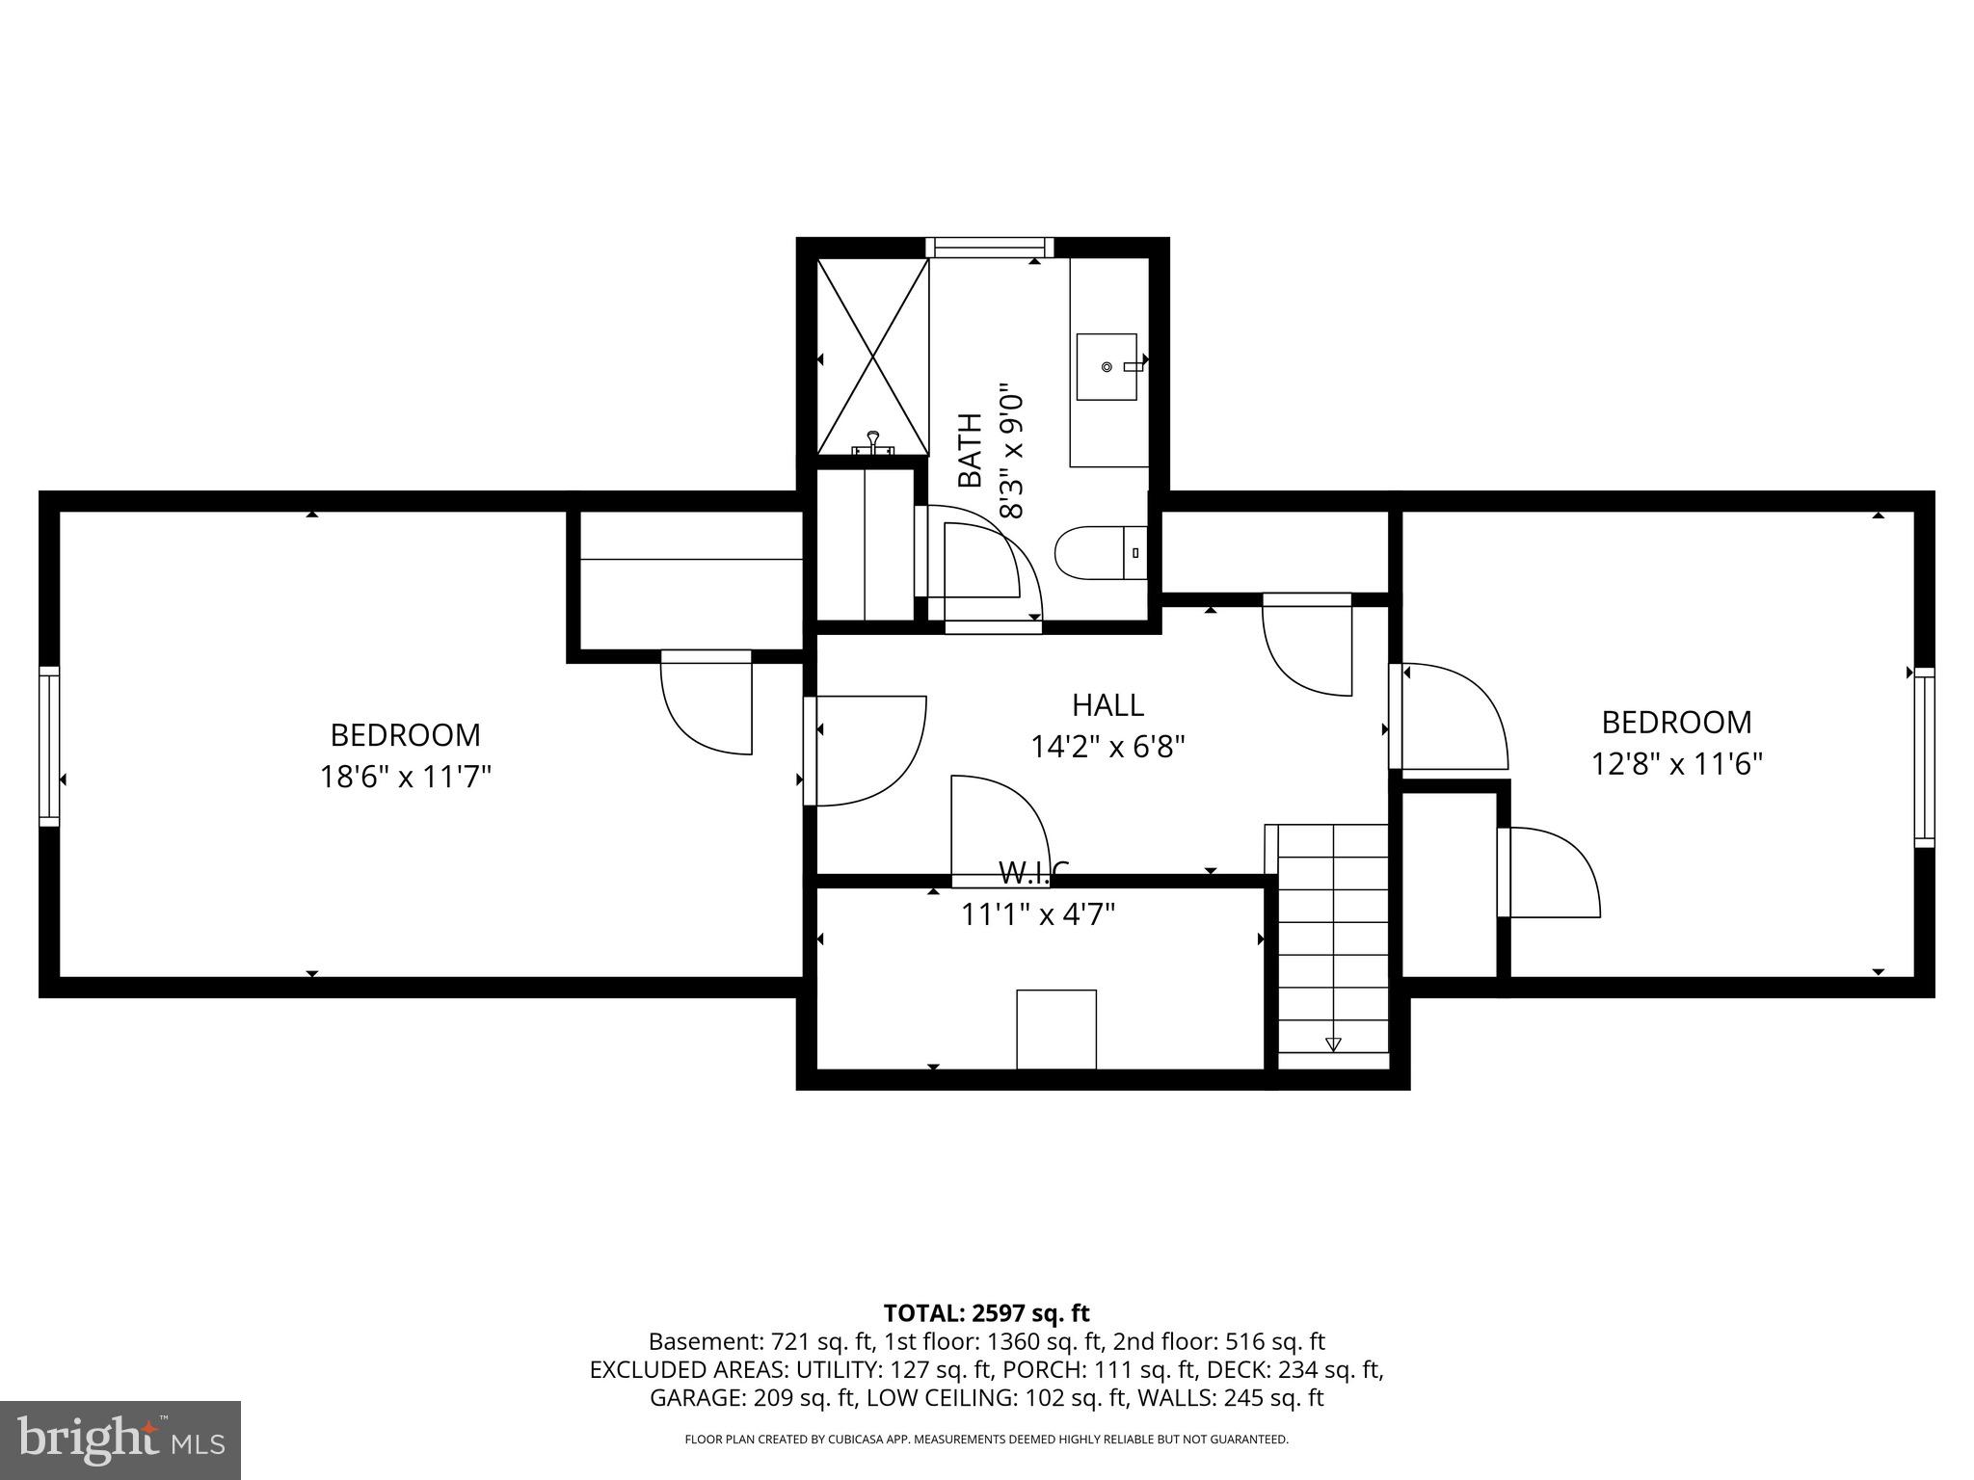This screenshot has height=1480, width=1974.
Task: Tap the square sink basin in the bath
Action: click(1107, 367)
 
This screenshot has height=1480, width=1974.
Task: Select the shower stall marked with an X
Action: click(872, 357)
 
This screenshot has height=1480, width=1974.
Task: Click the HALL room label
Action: click(1107, 705)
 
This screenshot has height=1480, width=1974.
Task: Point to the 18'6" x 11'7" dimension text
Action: click(406, 777)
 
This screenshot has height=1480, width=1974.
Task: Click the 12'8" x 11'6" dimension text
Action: click(1676, 764)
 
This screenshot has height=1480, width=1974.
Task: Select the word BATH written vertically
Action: click(970, 450)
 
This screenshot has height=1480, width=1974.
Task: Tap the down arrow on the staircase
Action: click(1333, 1044)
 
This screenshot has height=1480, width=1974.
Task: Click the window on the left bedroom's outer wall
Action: click(48, 746)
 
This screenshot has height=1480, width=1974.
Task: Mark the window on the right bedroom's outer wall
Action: click(1924, 756)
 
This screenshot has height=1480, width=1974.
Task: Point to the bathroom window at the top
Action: click(990, 247)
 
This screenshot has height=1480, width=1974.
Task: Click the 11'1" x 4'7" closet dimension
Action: click(1037, 914)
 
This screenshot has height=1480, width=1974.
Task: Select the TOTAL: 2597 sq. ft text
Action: click(986, 1313)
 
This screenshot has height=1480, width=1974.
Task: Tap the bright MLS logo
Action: click(120, 1440)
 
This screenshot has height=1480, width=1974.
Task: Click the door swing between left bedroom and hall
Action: click(866, 751)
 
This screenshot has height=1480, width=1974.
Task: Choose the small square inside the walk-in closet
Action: click(1056, 1028)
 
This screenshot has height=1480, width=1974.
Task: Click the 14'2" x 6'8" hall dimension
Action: click(1107, 747)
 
